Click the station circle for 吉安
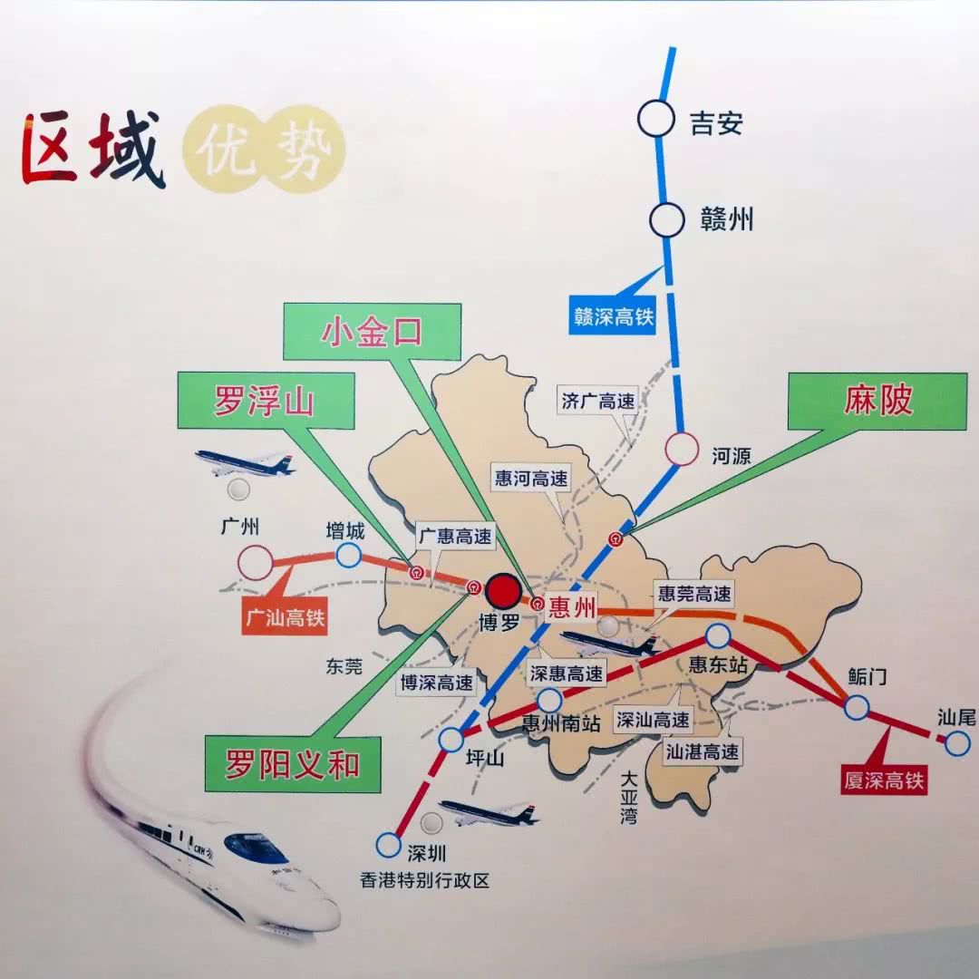tap(655, 119)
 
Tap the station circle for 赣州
tap(666, 219)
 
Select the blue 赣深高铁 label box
tap(613, 317)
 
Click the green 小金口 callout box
tap(372, 332)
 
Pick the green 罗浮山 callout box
tap(266, 400)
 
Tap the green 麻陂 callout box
tap(877, 400)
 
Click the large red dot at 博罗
tap(502, 591)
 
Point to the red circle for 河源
tap(682, 449)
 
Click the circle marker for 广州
tap(256, 563)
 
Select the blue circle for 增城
tap(348, 555)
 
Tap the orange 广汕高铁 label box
tap(285, 618)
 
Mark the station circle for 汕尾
tap(957, 744)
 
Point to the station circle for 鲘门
tap(857, 707)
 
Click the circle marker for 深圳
tap(388, 845)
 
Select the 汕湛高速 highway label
tap(703, 751)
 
